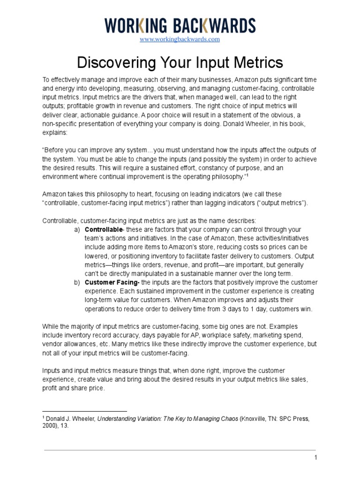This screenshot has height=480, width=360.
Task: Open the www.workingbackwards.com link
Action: [180, 39]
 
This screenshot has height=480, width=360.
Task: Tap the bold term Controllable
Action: [103, 230]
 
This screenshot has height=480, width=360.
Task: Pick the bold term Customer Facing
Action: [112, 283]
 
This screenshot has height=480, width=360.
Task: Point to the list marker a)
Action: [77, 230]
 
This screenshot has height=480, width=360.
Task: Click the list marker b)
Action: [77, 283]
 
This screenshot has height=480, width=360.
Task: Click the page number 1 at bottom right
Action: [316, 457]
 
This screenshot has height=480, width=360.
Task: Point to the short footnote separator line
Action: [84, 411]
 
